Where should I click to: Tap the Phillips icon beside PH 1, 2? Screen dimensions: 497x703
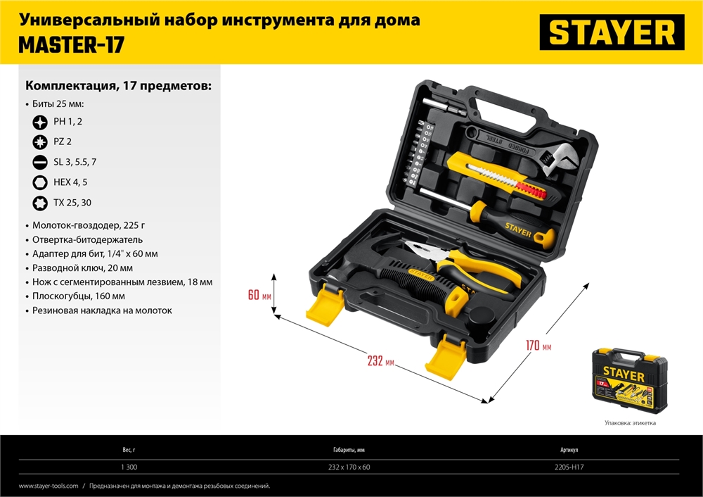coord(40,122)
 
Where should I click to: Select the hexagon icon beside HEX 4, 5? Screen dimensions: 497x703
coord(40,182)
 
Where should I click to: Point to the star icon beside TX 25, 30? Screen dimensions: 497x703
coord(40,203)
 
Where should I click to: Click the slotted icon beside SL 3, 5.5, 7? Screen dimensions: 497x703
coord(40,162)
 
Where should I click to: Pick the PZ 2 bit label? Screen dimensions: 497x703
coord(63,141)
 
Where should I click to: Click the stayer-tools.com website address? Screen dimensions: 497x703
coord(49,486)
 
